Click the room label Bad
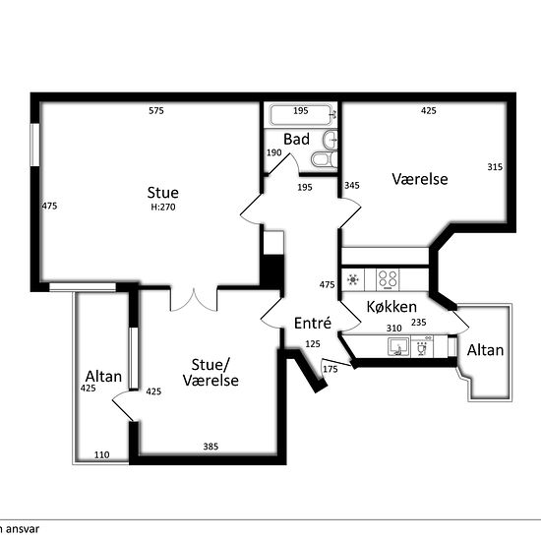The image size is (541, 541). tap(296, 140)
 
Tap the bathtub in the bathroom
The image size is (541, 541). tap(301, 115)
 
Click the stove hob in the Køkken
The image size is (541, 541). tap(388, 279)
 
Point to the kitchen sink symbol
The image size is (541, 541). tap(398, 346)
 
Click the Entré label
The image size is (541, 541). tap(313, 324)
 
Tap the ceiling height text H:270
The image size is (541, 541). tap(163, 207)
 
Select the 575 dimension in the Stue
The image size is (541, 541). tap(156, 111)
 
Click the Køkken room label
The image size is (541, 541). tap(391, 306)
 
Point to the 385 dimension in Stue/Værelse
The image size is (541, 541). tap(210, 447)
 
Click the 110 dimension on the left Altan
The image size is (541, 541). tap(101, 455)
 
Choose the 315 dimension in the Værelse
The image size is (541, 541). tap(495, 167)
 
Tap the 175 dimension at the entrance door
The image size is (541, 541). tap(331, 370)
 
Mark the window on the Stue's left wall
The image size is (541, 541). tap(34, 145)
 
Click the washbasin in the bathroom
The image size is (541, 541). tap(331, 140)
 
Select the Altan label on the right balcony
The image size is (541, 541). tap(485, 350)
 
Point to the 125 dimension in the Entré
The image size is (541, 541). tap(313, 344)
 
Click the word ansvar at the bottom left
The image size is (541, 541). tap(23, 529)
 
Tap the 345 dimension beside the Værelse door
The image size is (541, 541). tap(351, 186)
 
